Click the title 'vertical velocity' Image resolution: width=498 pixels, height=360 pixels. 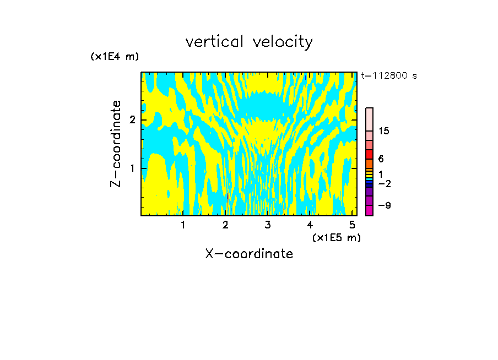coord(249,42)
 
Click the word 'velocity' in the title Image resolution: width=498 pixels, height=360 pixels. coord(282,42)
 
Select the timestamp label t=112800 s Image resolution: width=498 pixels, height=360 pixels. coord(388,76)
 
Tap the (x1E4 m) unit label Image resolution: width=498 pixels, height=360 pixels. coord(115,57)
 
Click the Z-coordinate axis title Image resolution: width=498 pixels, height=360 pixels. coord(116,144)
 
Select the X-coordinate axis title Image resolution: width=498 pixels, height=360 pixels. coord(249,254)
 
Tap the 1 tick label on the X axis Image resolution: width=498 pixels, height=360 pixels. coord(183,225)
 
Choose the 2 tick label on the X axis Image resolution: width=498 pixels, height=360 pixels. coord(225,225)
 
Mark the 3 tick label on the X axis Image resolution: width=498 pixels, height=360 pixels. coord(268,225)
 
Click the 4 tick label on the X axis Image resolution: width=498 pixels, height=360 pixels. coord(310,225)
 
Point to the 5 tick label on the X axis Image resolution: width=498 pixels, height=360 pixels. coord(352,225)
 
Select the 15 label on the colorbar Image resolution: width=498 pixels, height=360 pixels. coord(384,131)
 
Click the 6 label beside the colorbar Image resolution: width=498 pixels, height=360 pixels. coord(381,159)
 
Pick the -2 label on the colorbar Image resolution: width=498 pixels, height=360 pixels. coord(385,183)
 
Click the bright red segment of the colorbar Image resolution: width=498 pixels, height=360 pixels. coord(369,154)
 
